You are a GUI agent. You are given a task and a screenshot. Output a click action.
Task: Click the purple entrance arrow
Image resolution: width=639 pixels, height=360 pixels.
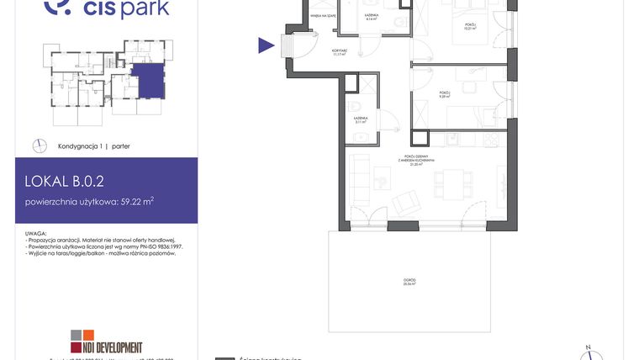(x=267, y=46)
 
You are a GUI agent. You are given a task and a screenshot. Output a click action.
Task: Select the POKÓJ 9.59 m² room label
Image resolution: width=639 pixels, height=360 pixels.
(x=445, y=94)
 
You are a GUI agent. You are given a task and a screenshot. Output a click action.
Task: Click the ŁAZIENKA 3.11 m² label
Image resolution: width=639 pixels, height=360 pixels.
(x=359, y=119)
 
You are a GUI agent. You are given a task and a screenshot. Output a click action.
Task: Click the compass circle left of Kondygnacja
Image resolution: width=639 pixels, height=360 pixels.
(x=40, y=146)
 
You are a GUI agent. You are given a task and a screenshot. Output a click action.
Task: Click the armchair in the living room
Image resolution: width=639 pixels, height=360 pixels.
(x=407, y=202)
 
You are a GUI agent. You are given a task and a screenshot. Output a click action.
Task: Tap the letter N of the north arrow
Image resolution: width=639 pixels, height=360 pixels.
(x=589, y=347)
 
